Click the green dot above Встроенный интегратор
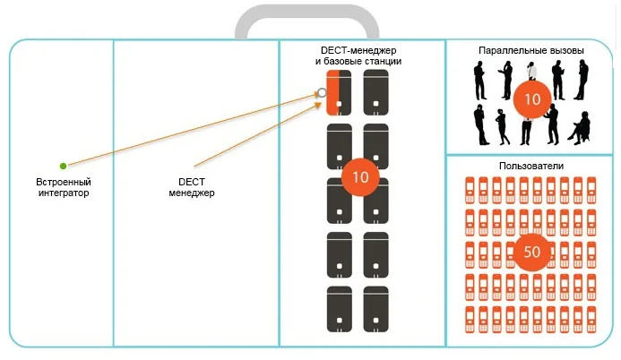point(63,166)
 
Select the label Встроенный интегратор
point(63,187)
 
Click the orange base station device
point(338,93)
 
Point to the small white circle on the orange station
point(322,92)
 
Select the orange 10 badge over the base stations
point(360,177)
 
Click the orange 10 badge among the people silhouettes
point(531,99)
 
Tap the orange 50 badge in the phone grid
point(531,252)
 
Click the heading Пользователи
point(530,167)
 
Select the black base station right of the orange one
point(376,93)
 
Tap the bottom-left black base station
point(340,309)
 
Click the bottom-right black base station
point(376,309)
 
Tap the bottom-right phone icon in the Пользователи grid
point(592,319)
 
